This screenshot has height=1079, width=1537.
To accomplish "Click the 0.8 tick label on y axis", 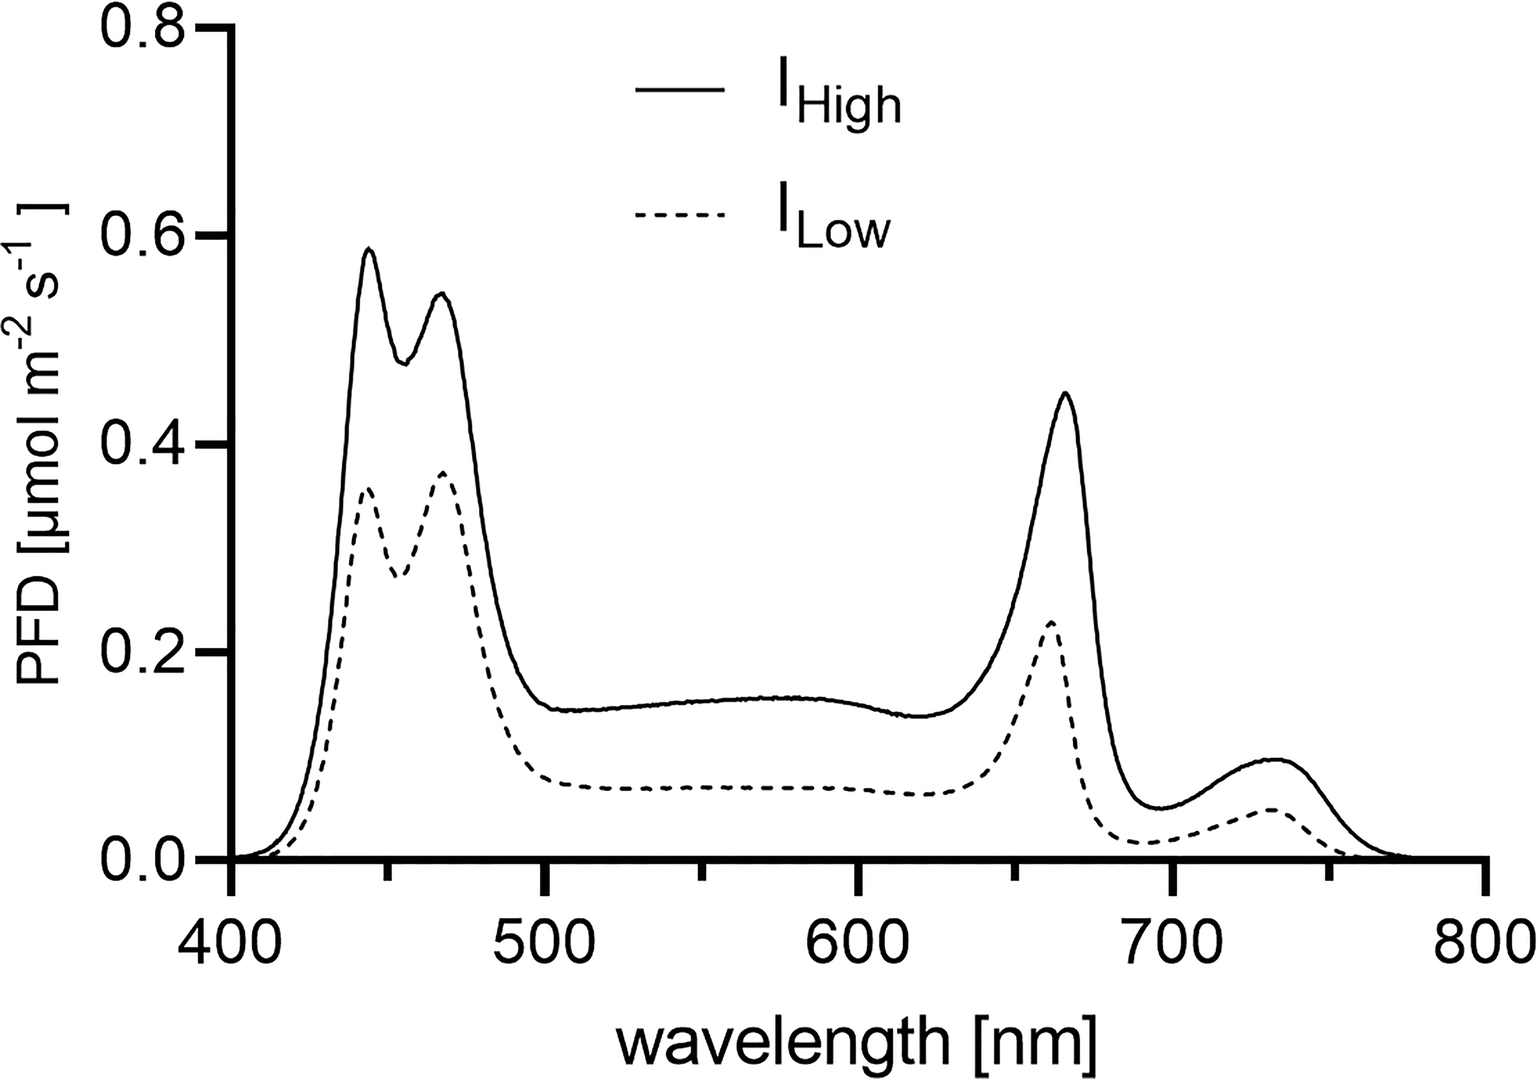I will point(142,30).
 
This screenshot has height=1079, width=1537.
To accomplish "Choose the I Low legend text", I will point(833,228).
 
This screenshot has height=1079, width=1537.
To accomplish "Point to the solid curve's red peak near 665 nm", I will point(1065,393).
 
